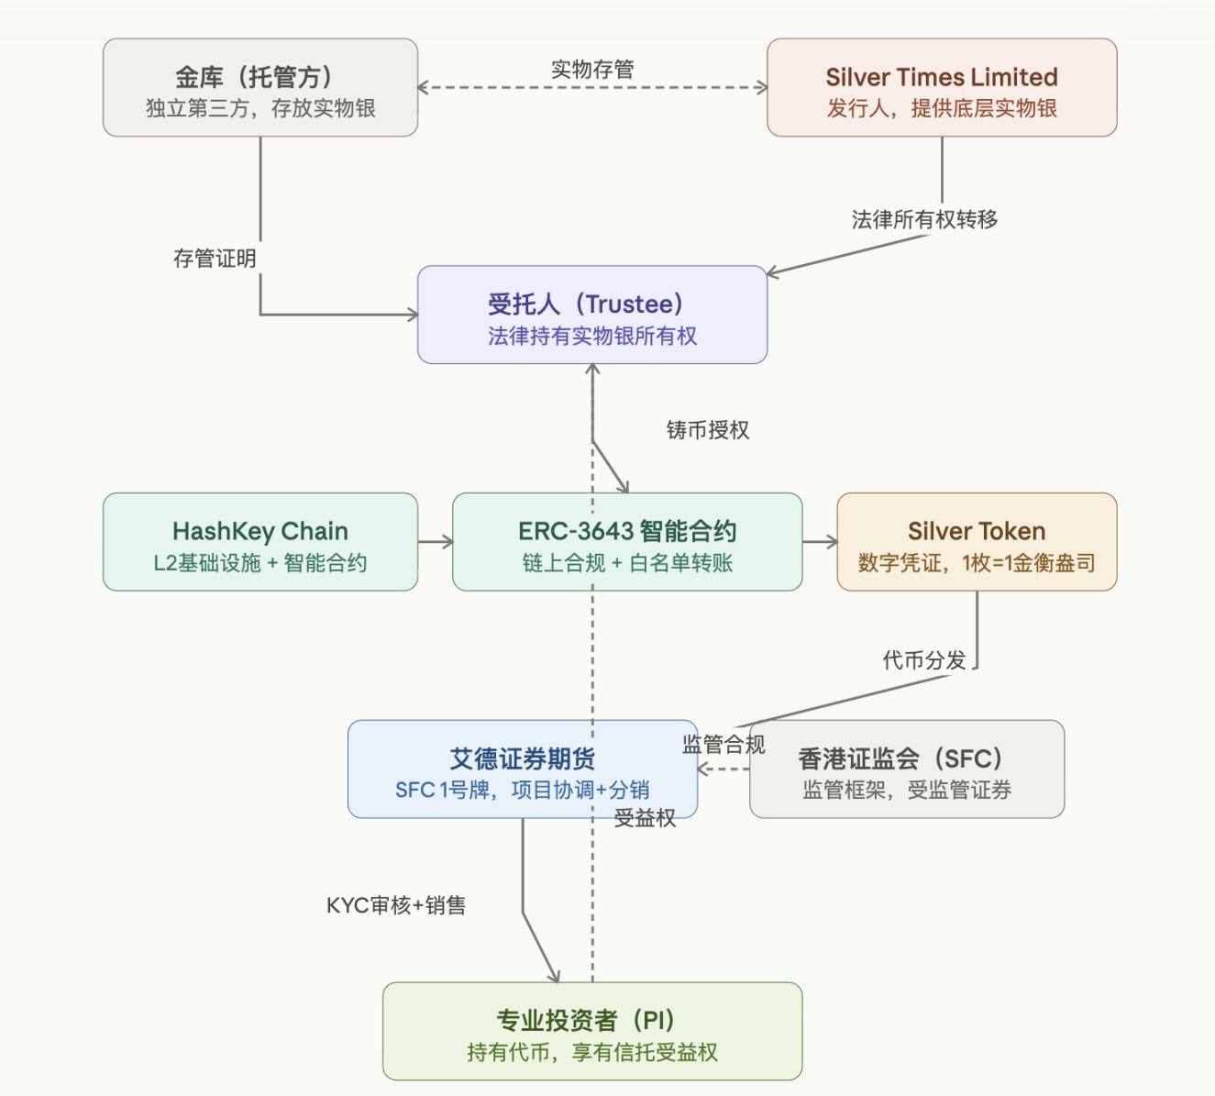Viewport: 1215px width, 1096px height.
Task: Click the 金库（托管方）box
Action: click(x=260, y=87)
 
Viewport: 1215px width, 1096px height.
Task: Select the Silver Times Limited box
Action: click(x=942, y=87)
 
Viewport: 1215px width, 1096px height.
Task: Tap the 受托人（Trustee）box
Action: click(x=591, y=315)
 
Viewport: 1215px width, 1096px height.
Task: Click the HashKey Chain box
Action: click(x=260, y=541)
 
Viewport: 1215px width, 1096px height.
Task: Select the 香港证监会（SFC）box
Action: click(x=907, y=769)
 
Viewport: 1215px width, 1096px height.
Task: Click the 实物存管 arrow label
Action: click(x=592, y=70)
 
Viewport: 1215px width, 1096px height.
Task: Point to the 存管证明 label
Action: click(x=215, y=259)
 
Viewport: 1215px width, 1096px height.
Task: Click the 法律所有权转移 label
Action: click(x=924, y=219)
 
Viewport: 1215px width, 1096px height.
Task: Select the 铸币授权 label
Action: click(x=708, y=429)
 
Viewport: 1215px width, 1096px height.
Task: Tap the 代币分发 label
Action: click(x=924, y=660)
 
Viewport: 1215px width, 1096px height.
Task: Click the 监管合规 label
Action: click(x=723, y=744)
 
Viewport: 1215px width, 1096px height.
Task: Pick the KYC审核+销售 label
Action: click(x=396, y=905)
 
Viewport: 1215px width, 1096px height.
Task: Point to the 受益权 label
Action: click(x=645, y=818)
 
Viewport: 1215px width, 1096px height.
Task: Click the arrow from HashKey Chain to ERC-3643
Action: click(x=436, y=542)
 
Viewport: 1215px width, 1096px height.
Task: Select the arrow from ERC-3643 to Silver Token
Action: click(x=820, y=542)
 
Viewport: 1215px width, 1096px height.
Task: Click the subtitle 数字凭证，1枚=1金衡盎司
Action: click(x=977, y=563)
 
